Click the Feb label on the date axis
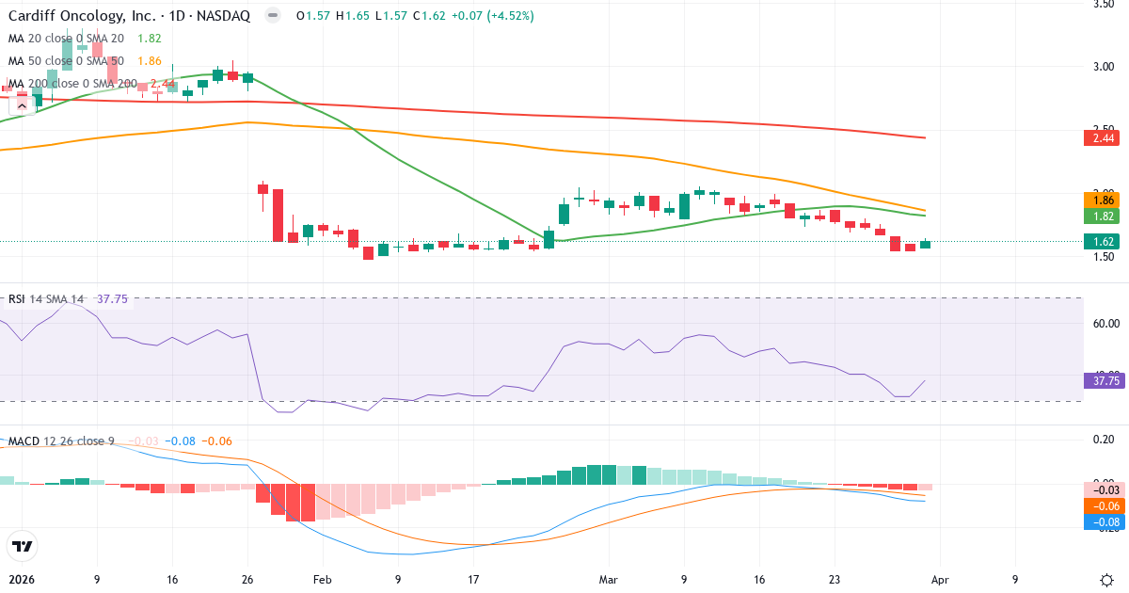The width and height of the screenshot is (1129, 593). click(x=322, y=580)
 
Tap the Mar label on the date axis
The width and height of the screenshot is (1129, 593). click(x=609, y=580)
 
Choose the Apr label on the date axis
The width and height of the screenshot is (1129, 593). click(x=941, y=580)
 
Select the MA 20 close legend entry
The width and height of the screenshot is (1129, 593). click(x=66, y=39)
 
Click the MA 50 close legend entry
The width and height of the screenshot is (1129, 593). click(x=66, y=61)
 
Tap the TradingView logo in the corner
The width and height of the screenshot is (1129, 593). click(x=22, y=546)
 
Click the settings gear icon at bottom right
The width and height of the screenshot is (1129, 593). click(x=1106, y=579)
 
